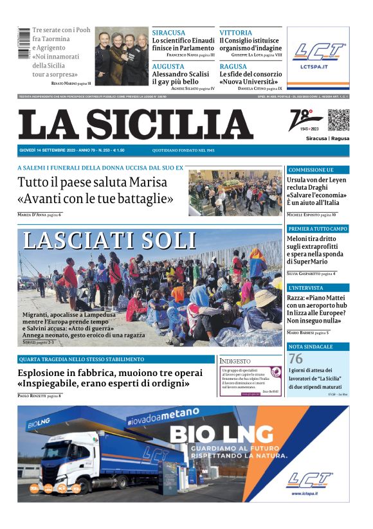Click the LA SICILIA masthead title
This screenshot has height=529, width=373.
pyautogui.click(x=135, y=124)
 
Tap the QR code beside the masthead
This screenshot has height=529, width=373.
pyautogui.click(x=338, y=120)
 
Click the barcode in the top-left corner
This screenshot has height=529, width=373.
pyautogui.click(x=24, y=44)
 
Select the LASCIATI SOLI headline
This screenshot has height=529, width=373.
pyautogui.click(x=109, y=240)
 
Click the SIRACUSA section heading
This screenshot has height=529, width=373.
pyautogui.click(x=168, y=32)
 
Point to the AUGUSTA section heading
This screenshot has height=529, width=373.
pyautogui.click(x=168, y=66)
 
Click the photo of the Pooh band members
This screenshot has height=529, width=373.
pyautogui.click(x=122, y=57)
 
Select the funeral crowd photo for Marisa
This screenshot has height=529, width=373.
pyautogui.click(x=235, y=193)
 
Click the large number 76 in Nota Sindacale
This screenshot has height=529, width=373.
pyautogui.click(x=296, y=359)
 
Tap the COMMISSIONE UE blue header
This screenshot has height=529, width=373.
pyautogui.click(x=311, y=170)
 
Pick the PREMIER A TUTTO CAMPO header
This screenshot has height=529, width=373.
pyautogui.click(x=318, y=228)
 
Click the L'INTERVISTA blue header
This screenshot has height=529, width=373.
pyautogui.click(x=306, y=287)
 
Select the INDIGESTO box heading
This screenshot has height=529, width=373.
pyautogui.click(x=235, y=361)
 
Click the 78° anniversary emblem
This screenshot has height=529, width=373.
pyautogui.click(x=305, y=120)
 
